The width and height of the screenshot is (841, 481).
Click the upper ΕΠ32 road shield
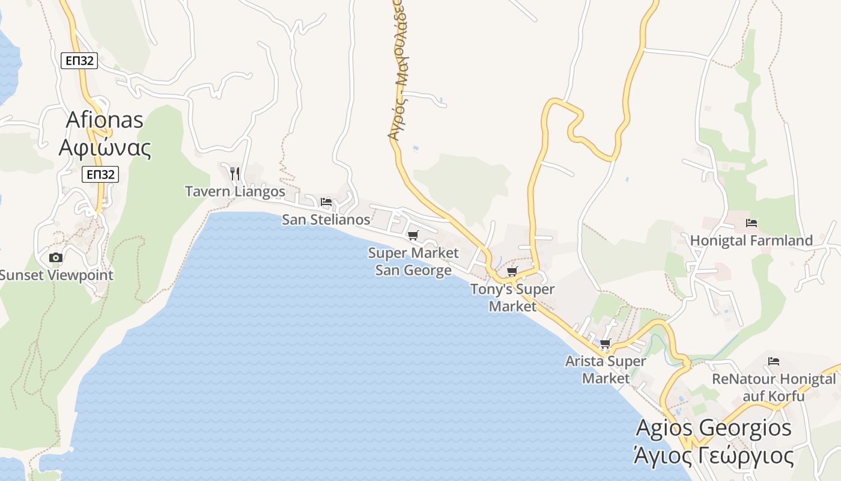pos(79,61)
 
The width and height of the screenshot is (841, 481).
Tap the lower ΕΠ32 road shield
pos(100,174)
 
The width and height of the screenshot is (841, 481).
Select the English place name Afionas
pos(105,120)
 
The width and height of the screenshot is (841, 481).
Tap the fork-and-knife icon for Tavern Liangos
pos(235,174)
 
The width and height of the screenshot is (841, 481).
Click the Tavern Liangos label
pos(235,192)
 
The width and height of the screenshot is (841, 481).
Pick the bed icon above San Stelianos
pos(326,202)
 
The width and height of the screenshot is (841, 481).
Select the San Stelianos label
pos(326,219)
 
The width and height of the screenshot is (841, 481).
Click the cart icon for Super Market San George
pos(413,235)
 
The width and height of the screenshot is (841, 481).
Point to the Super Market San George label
pos(413,262)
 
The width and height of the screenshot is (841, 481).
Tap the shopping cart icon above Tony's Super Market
pos(512,272)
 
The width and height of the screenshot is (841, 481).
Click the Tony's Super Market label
pos(512,298)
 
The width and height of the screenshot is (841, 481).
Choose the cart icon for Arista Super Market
pos(605,344)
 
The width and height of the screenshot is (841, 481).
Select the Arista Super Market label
pos(606,370)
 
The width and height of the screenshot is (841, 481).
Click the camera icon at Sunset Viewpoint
pos(55,258)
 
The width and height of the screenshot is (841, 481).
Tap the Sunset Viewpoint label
pos(56,275)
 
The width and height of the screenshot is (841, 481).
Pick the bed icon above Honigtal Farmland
pos(751,223)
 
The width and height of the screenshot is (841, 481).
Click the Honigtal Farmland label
pos(751,240)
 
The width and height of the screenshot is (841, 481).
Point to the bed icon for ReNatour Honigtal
pos(774,361)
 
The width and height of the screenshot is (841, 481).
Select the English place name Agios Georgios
pos(714,428)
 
